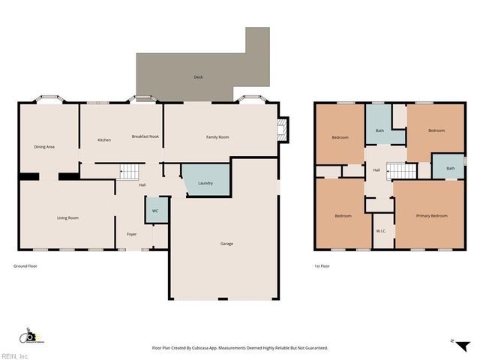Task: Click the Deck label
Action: (x=198, y=77)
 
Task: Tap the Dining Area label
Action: (x=44, y=146)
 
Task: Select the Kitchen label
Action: (x=104, y=140)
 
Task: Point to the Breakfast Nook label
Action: (x=145, y=136)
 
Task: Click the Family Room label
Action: (x=217, y=137)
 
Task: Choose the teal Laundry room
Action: (x=205, y=182)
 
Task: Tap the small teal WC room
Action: (x=155, y=211)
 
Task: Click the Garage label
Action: (x=226, y=244)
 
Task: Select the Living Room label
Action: (x=68, y=218)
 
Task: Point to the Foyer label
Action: (x=131, y=235)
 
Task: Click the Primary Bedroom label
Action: (x=431, y=216)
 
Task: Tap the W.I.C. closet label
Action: (x=381, y=230)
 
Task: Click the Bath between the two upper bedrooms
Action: (x=379, y=131)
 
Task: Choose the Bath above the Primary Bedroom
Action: (x=450, y=168)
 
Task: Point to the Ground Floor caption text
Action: (x=25, y=266)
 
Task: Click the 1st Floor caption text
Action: (x=322, y=266)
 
